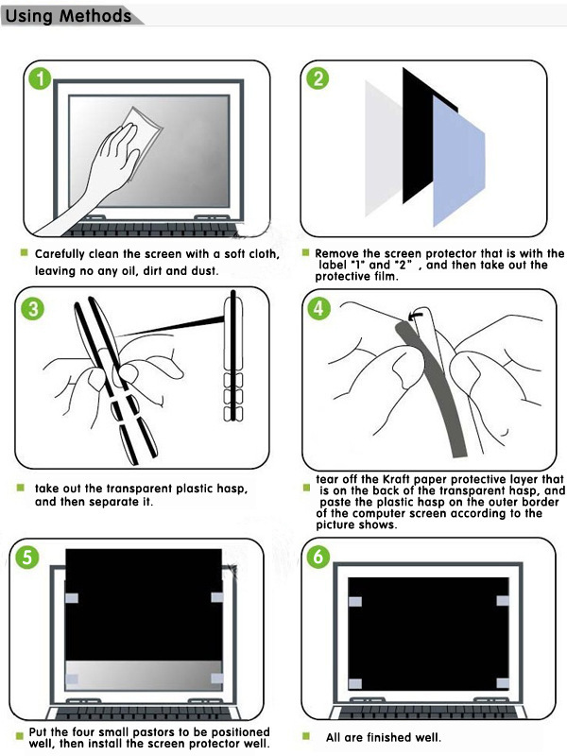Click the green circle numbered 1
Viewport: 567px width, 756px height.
pos(40,78)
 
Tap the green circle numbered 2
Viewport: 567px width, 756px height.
pos(318,78)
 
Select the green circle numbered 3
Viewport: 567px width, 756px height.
pos(33,308)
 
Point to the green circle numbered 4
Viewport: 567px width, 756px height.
pos(318,308)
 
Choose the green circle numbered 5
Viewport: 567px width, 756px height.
pos(27,557)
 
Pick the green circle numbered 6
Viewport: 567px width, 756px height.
pos(318,557)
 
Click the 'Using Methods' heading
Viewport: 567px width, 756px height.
pos(68,16)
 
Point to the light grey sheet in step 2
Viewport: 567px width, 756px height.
pos(384,148)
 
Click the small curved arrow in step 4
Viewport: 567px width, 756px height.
pos(415,316)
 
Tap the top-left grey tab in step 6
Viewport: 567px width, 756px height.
pos(355,601)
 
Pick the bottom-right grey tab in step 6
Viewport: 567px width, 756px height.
pos(503,683)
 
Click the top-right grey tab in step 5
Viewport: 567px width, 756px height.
pos(217,597)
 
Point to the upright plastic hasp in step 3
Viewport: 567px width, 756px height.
pos(233,356)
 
